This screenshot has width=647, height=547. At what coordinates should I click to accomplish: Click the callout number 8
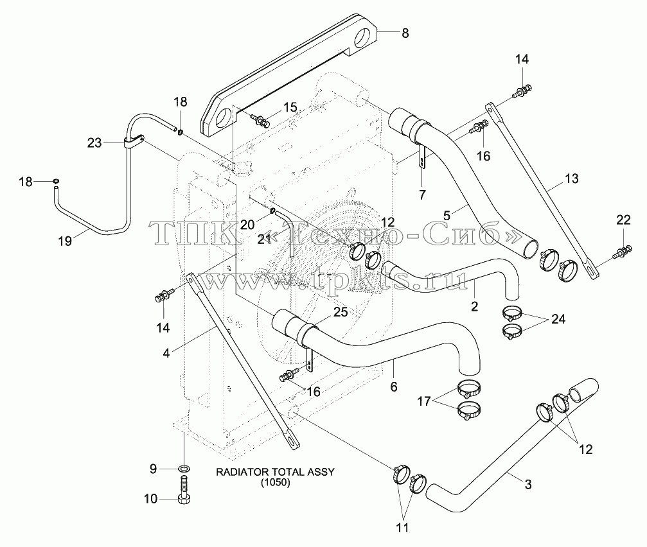point(405,33)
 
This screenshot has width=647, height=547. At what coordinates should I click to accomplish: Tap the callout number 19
point(65,241)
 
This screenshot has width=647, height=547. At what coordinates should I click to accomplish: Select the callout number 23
point(94,143)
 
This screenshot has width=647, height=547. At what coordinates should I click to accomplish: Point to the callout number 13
point(571,178)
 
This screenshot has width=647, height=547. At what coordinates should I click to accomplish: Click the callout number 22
point(623,220)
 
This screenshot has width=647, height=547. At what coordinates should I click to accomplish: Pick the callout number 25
point(341,312)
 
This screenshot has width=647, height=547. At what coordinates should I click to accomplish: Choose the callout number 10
point(150,499)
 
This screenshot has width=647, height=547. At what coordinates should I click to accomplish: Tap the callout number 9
point(153,469)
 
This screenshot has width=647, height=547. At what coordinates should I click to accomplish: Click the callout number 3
point(528,485)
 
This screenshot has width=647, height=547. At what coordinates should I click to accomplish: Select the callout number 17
point(424,401)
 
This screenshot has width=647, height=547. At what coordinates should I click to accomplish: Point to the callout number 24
point(558,319)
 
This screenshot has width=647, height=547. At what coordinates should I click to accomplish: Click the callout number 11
point(402,527)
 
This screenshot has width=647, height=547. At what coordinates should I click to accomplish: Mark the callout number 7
point(421,195)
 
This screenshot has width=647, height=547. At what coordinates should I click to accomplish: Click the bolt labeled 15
point(260,120)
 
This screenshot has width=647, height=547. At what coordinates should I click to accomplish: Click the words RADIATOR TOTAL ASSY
point(275,472)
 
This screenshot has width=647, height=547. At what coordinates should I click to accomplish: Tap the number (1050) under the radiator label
point(275,483)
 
